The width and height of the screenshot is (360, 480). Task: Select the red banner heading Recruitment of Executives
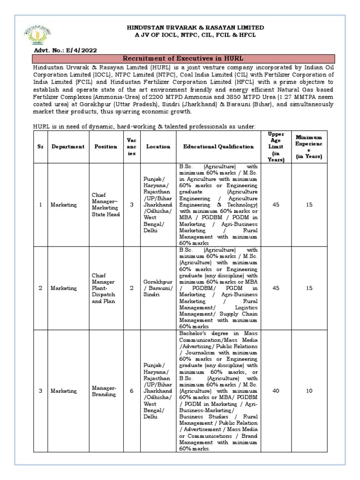tap(183, 58)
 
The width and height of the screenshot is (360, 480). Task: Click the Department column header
tap(68, 147)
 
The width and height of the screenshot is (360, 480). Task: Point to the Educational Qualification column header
tap(218, 147)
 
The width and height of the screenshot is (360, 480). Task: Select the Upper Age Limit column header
tap(276, 147)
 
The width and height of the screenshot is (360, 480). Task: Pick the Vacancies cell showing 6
tap(132, 390)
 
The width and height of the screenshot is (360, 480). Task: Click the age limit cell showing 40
tap(276, 390)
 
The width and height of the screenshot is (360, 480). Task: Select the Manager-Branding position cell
tap(106, 391)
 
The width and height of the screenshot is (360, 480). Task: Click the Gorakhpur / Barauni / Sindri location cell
tap(157, 288)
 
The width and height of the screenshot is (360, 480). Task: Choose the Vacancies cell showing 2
tap(132, 288)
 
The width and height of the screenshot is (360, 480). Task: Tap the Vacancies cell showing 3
tap(132, 204)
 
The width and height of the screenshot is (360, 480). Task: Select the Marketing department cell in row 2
tap(64, 288)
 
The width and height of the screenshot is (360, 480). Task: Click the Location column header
tap(157, 147)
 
